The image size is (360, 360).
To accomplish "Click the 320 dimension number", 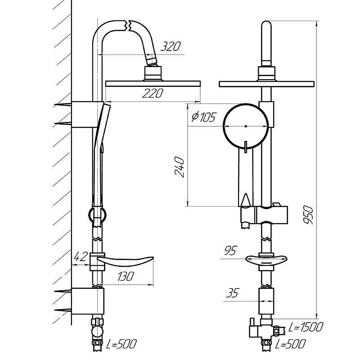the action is pos(171,46).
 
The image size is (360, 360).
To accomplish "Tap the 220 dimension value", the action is pos(153,94).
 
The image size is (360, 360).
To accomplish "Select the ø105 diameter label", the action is pos(203,117).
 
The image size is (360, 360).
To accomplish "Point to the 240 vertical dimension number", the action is pos(180,167).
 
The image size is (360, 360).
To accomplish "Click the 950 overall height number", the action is pos(308,215).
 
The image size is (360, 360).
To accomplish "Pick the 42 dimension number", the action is pos(81,256).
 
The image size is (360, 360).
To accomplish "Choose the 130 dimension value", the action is pos(126,276).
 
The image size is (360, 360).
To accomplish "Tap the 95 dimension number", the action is pos(230,251).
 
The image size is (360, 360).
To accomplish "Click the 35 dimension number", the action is pos(232,293).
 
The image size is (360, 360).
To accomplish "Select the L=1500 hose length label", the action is pos(306,327).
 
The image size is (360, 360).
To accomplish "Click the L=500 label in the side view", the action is pos(121,344).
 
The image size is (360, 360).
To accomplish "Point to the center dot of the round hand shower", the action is pos(246,126).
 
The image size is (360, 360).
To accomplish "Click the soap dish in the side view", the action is pos(125,261).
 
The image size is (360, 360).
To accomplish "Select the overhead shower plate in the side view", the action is pos(153,84).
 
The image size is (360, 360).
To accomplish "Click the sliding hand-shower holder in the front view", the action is pos(264,215).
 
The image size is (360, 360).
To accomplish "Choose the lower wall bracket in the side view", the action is pos(88,301).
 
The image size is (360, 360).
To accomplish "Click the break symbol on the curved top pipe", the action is pos(128,26).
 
